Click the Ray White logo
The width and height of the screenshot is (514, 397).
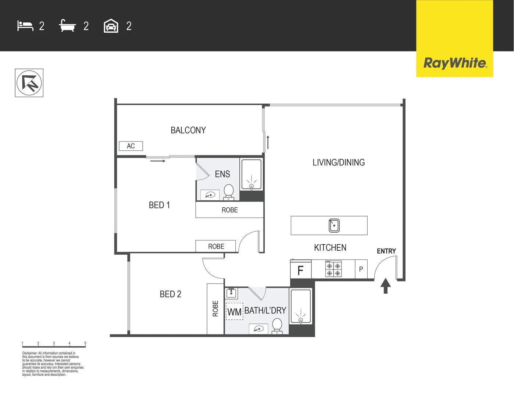455,63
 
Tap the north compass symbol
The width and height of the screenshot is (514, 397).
29,83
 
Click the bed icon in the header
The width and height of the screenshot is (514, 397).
25,26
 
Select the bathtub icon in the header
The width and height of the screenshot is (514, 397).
67,26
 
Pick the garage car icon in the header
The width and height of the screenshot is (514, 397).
111,26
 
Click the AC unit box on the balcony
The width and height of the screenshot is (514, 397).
131,146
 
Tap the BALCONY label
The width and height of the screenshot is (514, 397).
188,130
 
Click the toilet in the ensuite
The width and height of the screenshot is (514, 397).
229,192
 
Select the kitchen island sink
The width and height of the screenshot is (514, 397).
334,225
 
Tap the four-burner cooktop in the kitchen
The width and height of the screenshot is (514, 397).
333,269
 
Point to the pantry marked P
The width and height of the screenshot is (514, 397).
361,269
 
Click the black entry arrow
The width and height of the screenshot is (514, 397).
385,286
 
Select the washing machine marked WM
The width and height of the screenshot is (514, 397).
234,312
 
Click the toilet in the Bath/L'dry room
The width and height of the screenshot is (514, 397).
277,326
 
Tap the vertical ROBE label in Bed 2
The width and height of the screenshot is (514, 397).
215,309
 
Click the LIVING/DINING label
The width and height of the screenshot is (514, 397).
339,162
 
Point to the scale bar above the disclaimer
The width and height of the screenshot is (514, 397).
54,346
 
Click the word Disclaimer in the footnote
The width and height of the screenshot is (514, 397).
30,353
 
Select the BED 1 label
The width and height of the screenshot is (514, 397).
159,205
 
